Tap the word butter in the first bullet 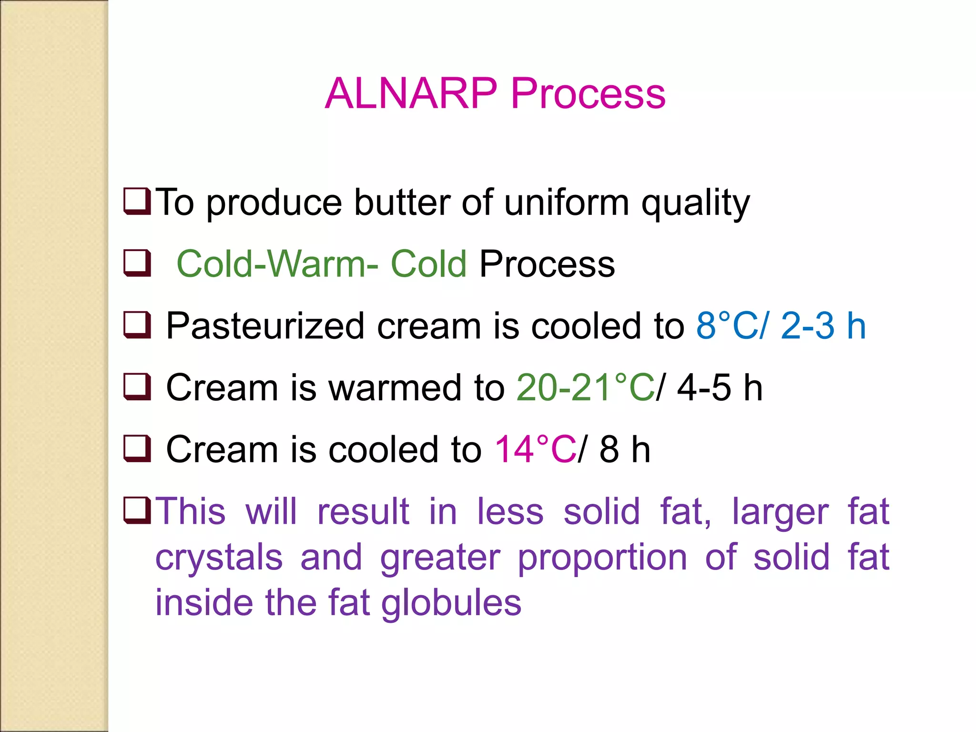click(401, 203)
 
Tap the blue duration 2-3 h click(823, 326)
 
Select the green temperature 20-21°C click(586, 387)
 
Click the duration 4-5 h click(720, 387)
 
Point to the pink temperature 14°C click(535, 449)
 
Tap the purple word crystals click(219, 558)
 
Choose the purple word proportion click(602, 558)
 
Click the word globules click(451, 603)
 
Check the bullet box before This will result click(137, 510)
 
